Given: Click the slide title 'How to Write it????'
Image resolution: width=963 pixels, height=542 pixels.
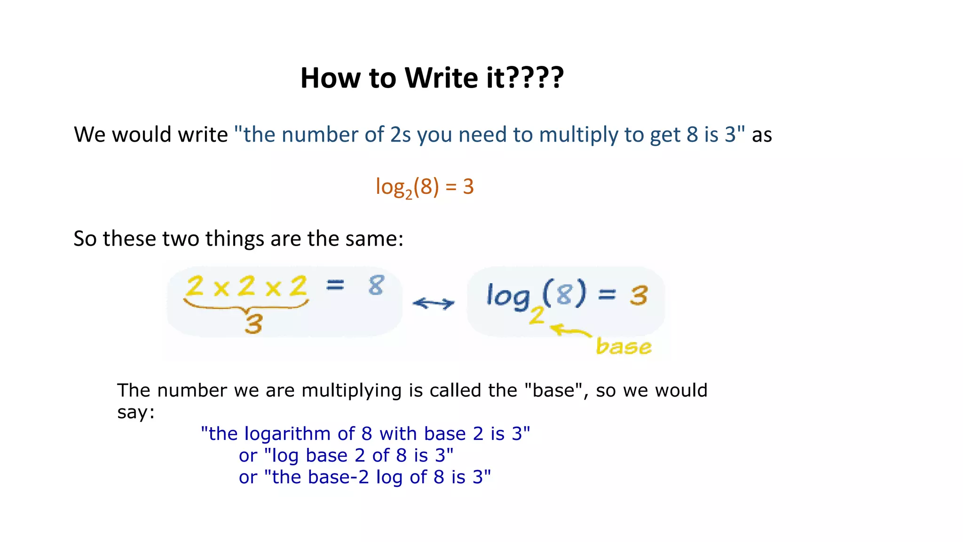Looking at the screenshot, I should pyautogui.click(x=432, y=78).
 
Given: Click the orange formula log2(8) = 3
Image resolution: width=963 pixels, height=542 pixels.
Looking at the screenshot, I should pyautogui.click(x=425, y=187).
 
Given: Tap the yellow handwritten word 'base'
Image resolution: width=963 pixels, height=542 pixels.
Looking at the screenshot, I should pyautogui.click(x=624, y=347).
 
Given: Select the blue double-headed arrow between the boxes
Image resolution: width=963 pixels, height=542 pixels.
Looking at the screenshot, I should pyautogui.click(x=434, y=303).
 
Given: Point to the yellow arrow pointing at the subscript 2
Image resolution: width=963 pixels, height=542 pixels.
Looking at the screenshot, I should pyautogui.click(x=570, y=331).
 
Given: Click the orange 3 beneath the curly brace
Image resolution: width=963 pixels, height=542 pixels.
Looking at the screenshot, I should pyautogui.click(x=254, y=324).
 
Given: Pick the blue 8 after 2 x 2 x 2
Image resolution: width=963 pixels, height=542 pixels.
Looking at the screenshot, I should pyautogui.click(x=376, y=285).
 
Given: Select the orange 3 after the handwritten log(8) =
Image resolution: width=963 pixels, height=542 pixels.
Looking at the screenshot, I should pyautogui.click(x=639, y=295).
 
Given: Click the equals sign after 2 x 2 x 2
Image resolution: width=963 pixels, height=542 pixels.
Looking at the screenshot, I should pyautogui.click(x=335, y=285).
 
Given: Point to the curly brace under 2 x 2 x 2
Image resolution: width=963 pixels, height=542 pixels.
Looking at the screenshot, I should pyautogui.click(x=246, y=307).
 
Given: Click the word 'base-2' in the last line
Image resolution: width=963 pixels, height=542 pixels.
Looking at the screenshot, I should pyautogui.click(x=339, y=477).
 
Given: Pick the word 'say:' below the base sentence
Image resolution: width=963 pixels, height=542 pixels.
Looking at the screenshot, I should pyautogui.click(x=136, y=413).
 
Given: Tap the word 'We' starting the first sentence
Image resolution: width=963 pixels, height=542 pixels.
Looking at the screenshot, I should pyautogui.click(x=90, y=135).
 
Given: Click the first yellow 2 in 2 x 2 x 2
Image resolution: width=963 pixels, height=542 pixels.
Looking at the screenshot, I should pyautogui.click(x=195, y=286).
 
